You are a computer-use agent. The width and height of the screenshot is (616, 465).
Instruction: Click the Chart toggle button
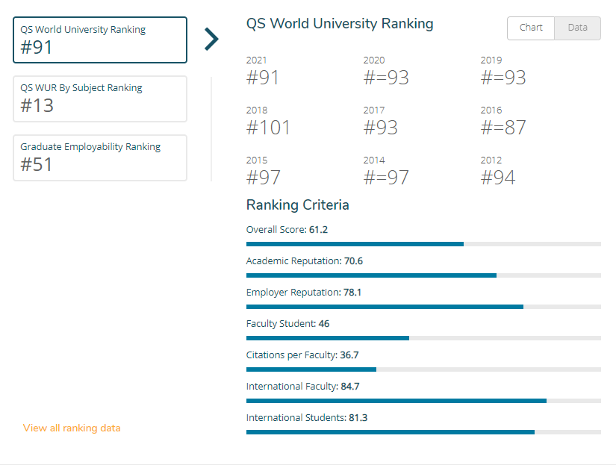[531, 28]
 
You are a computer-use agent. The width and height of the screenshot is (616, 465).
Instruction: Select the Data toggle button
[577, 28]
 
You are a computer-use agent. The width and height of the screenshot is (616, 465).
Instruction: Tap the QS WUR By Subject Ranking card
[100, 99]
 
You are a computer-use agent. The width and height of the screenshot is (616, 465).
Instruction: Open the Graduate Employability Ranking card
[100, 158]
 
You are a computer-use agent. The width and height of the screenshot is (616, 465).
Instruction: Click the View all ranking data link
[72, 428]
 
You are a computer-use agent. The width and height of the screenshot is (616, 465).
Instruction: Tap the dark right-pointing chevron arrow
[212, 40]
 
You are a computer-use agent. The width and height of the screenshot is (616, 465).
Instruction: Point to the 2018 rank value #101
[268, 127]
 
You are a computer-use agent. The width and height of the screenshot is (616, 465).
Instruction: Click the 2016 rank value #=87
[503, 127]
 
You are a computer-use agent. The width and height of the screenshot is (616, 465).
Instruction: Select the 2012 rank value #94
[498, 177]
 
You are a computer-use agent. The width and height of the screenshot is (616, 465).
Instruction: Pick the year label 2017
[374, 110]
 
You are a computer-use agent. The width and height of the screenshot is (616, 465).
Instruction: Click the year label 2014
[374, 160]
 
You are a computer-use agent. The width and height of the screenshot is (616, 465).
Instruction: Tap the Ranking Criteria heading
[297, 205]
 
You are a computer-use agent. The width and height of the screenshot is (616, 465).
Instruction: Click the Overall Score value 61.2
[318, 230]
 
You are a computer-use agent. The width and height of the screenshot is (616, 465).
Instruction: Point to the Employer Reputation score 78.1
[352, 293]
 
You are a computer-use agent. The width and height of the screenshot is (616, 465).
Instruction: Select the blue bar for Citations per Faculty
[311, 369]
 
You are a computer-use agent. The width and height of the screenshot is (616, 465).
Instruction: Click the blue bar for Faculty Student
[328, 338]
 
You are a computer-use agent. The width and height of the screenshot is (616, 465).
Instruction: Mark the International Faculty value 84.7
[350, 387]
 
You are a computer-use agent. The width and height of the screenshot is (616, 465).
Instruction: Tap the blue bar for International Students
[391, 432]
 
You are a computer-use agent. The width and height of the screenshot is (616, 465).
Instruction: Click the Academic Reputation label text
[294, 261]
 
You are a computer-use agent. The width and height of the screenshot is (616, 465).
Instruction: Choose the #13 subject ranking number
[37, 105]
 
